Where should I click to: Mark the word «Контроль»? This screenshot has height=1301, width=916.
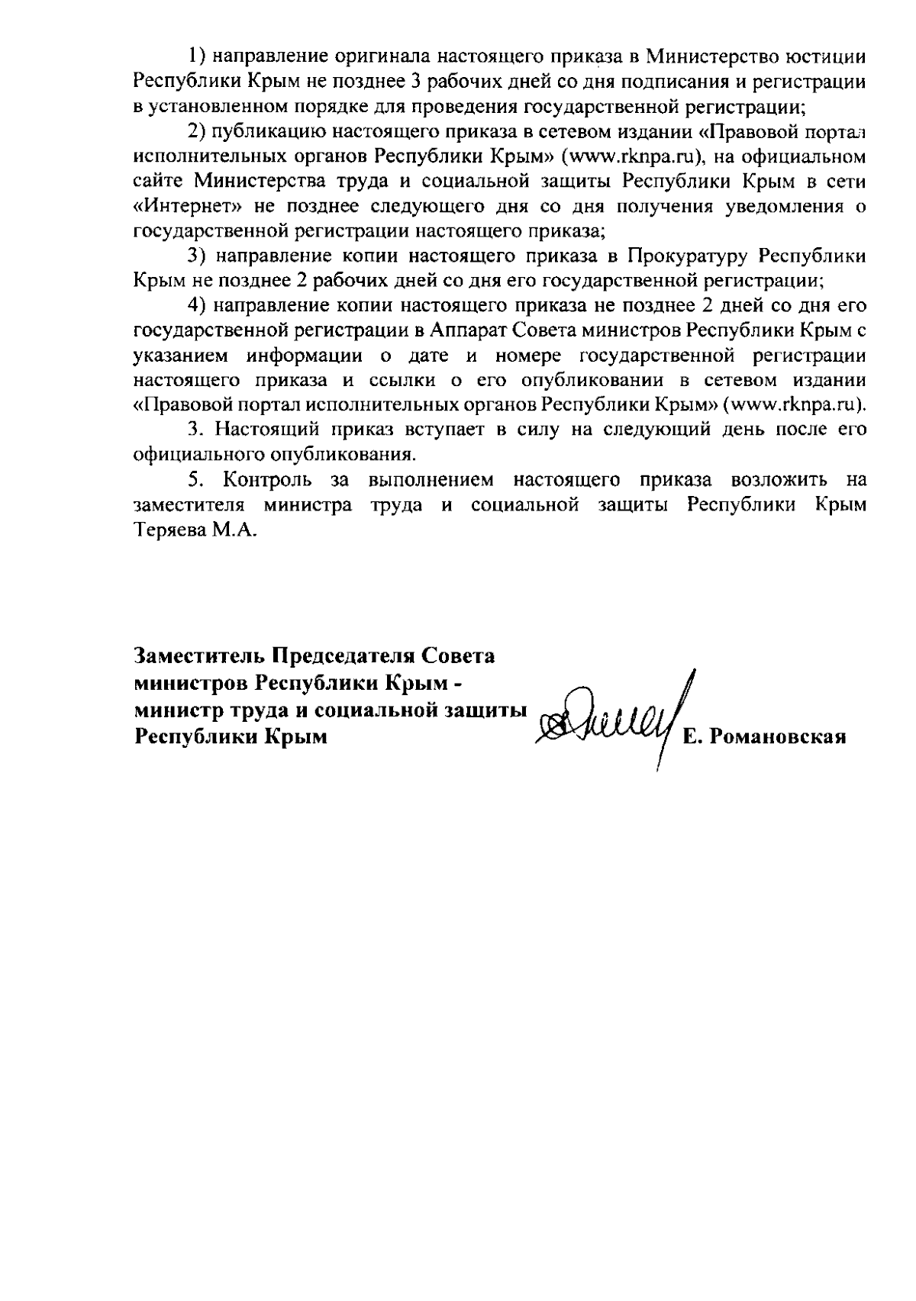(x=267, y=481)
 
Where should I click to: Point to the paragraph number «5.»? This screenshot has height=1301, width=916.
(x=198, y=481)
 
